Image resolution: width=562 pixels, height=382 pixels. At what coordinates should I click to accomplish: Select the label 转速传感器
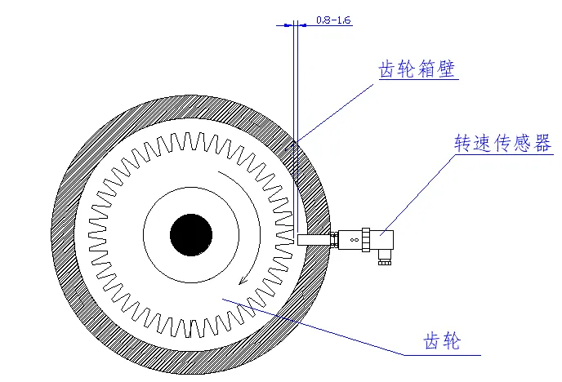coord(502,144)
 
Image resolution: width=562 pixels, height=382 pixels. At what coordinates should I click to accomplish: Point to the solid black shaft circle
coord(191,236)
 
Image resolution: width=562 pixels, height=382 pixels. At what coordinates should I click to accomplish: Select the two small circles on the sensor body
coord(354,240)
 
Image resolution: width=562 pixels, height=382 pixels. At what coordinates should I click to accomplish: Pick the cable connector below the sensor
coord(383,259)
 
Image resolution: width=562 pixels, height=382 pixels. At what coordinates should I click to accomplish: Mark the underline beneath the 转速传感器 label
coord(502,154)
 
